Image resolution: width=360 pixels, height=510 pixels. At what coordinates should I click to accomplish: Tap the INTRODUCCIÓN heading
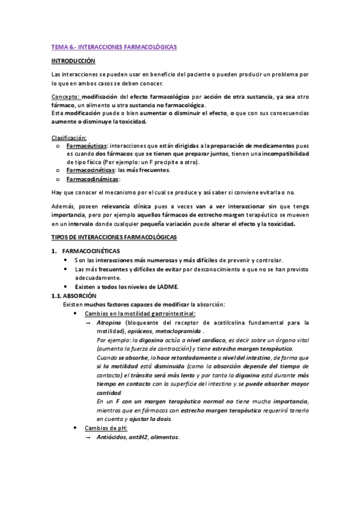[x=73, y=61]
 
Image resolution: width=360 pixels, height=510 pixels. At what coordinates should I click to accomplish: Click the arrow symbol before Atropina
[x=88, y=322]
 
